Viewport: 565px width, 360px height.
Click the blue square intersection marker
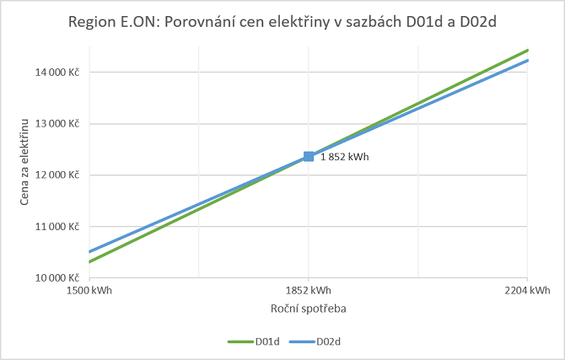pos(309,156)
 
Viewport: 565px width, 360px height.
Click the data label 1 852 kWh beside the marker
pos(344,157)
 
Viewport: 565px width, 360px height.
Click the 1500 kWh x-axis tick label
pos(89,291)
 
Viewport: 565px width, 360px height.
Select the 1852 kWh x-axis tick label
pos(309,291)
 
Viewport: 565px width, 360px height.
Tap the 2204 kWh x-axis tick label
pos(528,291)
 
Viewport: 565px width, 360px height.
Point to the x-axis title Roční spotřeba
pos(309,309)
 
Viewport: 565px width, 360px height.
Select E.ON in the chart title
pos(134,21)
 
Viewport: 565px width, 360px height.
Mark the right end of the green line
pos(527,51)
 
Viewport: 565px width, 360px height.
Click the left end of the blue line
pos(90,251)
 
